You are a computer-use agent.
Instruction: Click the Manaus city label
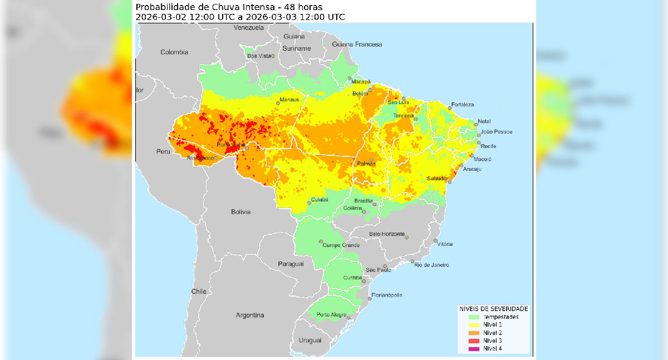point(289,100)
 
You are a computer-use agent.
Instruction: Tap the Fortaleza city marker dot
point(450,107)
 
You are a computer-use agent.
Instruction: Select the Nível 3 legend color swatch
point(474,341)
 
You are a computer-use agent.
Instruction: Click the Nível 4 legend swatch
point(474,349)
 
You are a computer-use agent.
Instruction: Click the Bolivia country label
point(240,212)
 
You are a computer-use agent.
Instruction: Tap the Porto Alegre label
point(331,314)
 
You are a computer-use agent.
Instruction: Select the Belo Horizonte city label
point(387,234)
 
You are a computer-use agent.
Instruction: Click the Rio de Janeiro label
point(431,265)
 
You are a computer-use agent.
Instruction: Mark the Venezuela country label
point(249,27)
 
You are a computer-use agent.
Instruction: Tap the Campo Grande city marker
point(321,241)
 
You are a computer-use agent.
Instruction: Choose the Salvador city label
point(437,178)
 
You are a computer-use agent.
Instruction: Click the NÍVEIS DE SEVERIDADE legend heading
point(493,308)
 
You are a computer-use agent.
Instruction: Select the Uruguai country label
point(310,340)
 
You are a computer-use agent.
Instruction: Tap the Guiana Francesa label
point(357,44)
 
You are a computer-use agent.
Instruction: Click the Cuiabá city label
point(320,199)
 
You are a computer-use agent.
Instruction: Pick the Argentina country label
point(249,315)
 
